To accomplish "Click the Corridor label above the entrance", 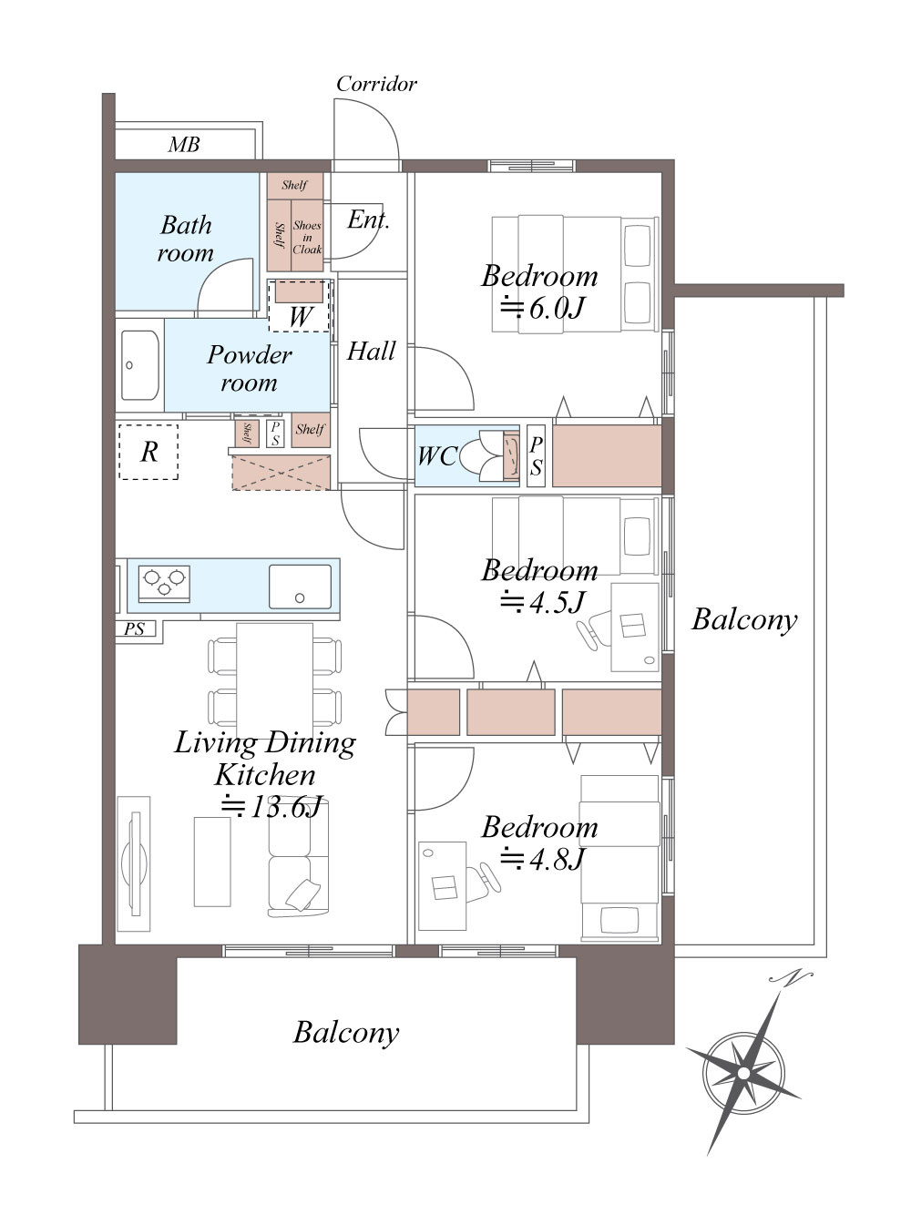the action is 376,84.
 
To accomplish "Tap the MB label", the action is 184,145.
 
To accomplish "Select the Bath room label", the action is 186,239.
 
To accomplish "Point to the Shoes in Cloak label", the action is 307,237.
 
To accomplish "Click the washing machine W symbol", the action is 300,317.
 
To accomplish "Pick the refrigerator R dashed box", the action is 148,452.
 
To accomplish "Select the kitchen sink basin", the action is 300,587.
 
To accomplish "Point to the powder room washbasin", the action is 139,365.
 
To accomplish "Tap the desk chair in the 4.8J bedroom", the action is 484,876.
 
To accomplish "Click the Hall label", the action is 372,351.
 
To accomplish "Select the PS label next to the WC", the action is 536,455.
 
